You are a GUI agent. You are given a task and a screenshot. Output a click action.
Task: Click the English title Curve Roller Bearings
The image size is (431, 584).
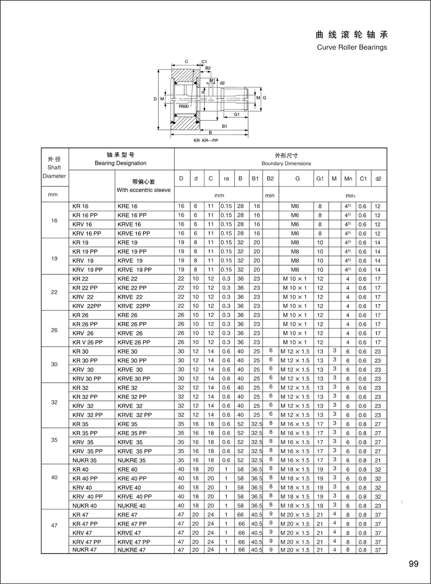[352, 47]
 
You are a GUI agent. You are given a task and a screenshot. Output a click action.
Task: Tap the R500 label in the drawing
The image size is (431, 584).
[183, 106]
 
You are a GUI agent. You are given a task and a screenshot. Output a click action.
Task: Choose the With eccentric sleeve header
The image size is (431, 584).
[143, 190]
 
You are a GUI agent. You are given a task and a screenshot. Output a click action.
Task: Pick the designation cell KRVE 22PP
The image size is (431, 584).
[134, 306]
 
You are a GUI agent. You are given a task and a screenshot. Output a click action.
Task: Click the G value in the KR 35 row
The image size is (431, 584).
[295, 424]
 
